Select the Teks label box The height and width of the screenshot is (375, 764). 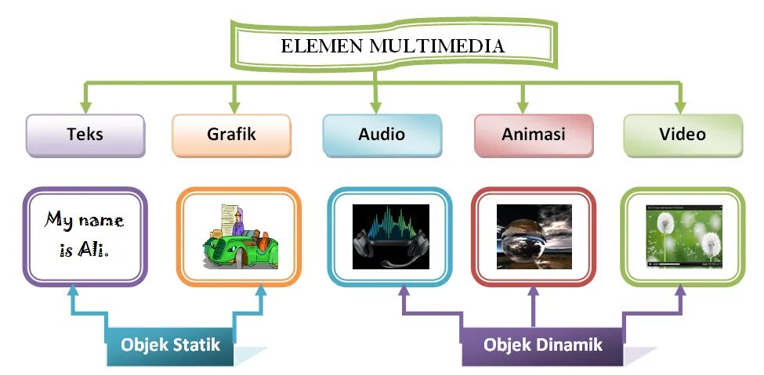85,135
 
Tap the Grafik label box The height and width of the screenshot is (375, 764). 231,135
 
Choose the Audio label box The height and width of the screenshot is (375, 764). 382,135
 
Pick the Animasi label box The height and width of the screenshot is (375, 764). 533,135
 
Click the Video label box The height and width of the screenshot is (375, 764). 682,135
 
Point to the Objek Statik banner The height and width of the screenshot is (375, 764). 170,345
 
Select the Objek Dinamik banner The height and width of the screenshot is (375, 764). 542,345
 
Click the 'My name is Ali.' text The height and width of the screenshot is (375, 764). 84,234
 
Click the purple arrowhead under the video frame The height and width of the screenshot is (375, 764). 680,291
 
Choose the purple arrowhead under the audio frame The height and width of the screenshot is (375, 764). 404,291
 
